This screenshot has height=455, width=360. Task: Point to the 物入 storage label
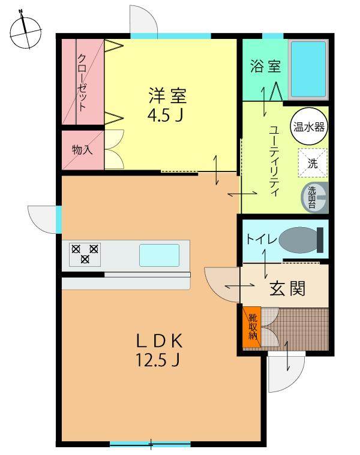pos(82,149)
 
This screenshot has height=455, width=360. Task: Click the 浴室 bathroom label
pos(265,66)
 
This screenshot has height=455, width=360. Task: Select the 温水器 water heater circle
pos(310,127)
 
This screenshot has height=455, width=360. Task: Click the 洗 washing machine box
pos(313,162)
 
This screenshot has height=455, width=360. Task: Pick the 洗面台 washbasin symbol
pos(314,197)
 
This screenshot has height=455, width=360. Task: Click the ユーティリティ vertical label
pos(275,162)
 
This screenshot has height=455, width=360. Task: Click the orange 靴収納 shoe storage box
pos(252,327)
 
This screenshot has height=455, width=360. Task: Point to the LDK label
pos(159,342)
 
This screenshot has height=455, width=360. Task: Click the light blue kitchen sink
pos(160,255)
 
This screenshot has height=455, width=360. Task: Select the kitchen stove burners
pos(85,253)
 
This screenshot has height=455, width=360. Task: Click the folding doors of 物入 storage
pos(114,150)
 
